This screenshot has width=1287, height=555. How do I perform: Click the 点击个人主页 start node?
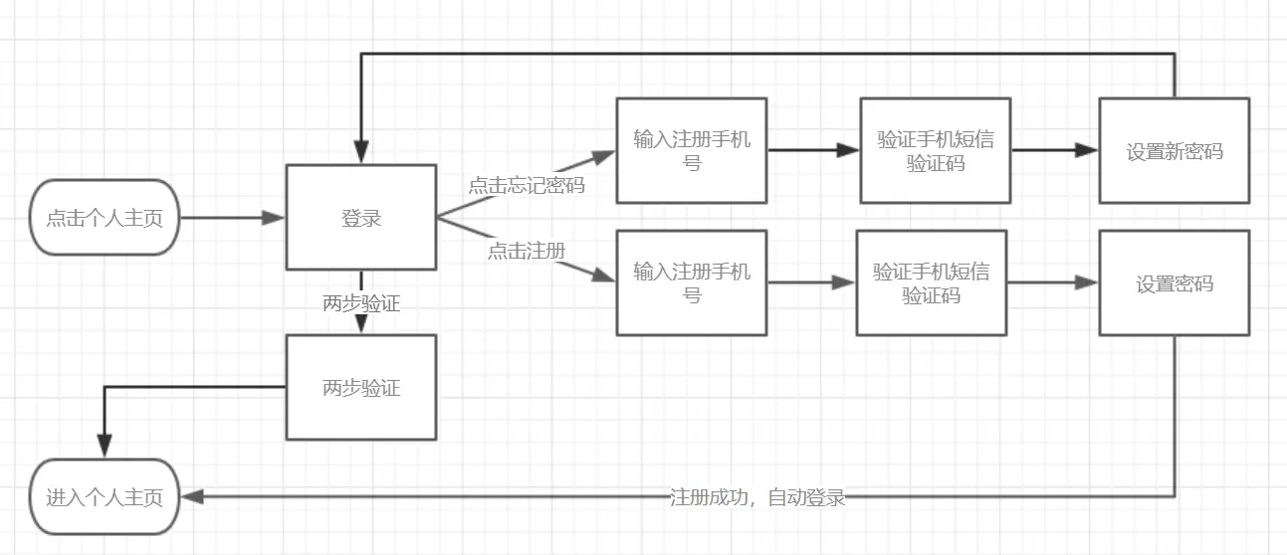(105, 218)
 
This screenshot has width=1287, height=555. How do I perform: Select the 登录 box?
(361, 218)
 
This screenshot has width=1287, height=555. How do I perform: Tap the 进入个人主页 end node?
(105, 497)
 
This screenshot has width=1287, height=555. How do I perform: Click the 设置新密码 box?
(1174, 151)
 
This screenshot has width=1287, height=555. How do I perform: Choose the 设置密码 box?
(1174, 283)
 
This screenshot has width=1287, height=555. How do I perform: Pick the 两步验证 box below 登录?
(361, 387)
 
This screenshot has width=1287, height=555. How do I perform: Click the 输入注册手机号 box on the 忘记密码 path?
(692, 150)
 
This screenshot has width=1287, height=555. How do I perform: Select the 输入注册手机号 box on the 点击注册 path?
(692, 282)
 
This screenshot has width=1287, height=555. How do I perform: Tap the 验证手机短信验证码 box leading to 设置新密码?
(936, 150)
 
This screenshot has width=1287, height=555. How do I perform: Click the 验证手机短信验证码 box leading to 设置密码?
(932, 282)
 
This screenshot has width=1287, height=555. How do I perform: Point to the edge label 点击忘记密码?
(527, 185)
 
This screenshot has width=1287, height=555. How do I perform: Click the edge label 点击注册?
(527, 251)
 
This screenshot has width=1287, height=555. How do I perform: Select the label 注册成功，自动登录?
(757, 497)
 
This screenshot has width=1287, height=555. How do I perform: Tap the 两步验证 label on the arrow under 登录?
(361, 303)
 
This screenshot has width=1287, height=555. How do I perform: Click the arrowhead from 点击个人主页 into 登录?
(275, 218)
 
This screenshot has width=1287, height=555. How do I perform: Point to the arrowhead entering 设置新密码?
(1088, 151)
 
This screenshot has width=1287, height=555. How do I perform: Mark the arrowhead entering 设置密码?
(1088, 283)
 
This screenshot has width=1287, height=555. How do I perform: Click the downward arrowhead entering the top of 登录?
(361, 153)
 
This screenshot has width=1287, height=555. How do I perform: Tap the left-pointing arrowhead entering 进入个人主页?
(191, 496)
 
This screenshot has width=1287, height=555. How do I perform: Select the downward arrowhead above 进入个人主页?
(104, 448)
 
